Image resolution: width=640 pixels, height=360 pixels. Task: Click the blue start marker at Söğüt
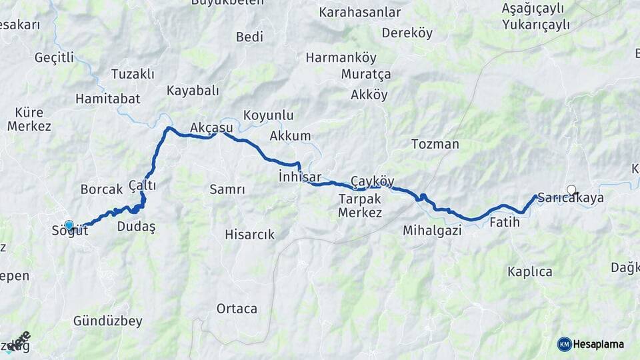69,225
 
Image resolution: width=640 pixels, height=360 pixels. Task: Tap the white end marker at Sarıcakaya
571,189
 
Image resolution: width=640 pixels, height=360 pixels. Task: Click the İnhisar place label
300,177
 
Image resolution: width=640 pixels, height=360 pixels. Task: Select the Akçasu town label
211,127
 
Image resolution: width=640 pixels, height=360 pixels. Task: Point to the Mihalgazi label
431,231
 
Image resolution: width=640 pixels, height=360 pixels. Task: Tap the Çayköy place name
373,181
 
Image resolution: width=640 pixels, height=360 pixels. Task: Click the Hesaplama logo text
599,344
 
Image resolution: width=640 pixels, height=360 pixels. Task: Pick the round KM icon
564,344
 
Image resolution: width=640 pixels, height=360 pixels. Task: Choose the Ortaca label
237,309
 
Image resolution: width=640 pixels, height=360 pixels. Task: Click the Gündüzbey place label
108,321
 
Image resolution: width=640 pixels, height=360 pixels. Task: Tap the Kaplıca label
530,271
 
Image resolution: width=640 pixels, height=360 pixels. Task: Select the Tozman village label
435,144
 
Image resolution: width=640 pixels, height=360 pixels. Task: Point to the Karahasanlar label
360,12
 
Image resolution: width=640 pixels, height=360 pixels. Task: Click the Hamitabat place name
107,98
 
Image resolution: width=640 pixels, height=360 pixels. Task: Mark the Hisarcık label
249,234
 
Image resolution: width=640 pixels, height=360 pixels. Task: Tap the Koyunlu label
268,115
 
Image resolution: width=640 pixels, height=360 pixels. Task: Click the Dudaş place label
136,227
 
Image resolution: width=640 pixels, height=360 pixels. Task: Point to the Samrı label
227,189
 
